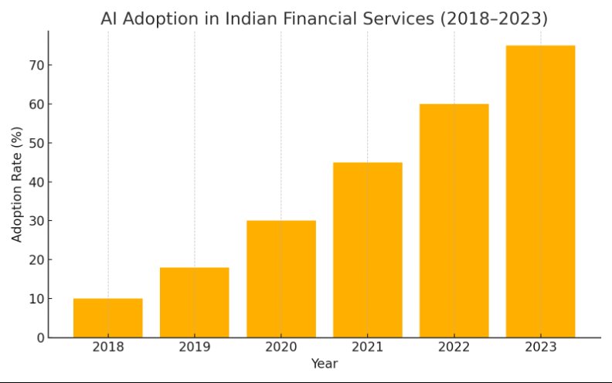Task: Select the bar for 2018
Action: pos(108,318)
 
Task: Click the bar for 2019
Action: pos(195,302)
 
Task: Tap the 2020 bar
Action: pos(281,279)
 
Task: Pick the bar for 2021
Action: pos(368,250)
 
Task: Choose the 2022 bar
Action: pos(454,221)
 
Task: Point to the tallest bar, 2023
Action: pos(541,191)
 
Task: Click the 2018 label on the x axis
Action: pos(108,347)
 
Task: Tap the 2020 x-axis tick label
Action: pos(281,347)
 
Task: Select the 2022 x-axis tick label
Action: pos(454,347)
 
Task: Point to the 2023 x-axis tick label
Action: pos(541,347)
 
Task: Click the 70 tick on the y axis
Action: pos(36,65)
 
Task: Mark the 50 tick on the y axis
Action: pos(36,143)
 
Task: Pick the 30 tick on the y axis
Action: pos(36,221)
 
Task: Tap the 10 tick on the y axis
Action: pos(36,299)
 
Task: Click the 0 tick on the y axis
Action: pos(41,337)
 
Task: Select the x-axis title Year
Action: pos(325,364)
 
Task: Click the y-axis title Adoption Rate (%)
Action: pos(17,185)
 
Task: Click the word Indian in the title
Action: pos(250,19)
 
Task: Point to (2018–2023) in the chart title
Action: pos(495,19)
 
